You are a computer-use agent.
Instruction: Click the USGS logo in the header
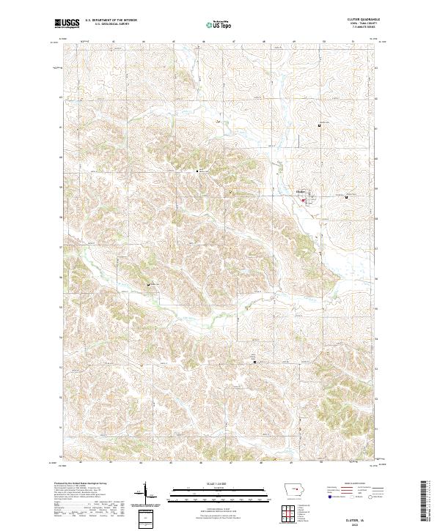pyautogui.click(x=67, y=24)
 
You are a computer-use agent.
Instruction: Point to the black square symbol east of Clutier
pyautogui.click(x=346, y=196)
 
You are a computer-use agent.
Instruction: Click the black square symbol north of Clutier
pyautogui.click(x=320, y=126)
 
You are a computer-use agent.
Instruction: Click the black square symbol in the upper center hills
pyautogui.click(x=197, y=171)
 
